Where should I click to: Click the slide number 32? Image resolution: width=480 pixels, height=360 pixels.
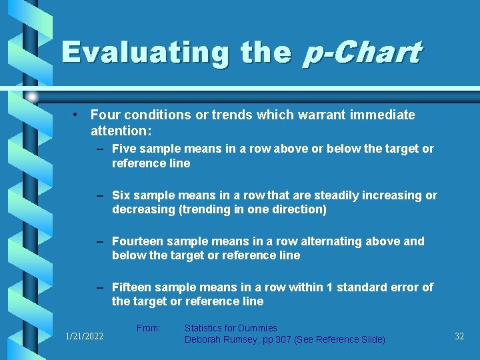(459, 337)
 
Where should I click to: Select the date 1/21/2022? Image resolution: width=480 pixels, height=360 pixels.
(84, 337)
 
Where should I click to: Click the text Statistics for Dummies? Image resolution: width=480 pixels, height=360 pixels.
(231, 328)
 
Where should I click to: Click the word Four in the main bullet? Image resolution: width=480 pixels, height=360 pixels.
(104, 115)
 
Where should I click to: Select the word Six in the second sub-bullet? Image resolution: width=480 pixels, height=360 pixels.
(121, 195)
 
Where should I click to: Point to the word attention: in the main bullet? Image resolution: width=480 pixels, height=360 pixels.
(121, 129)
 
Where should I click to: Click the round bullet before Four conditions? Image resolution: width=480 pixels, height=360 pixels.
(77, 115)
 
